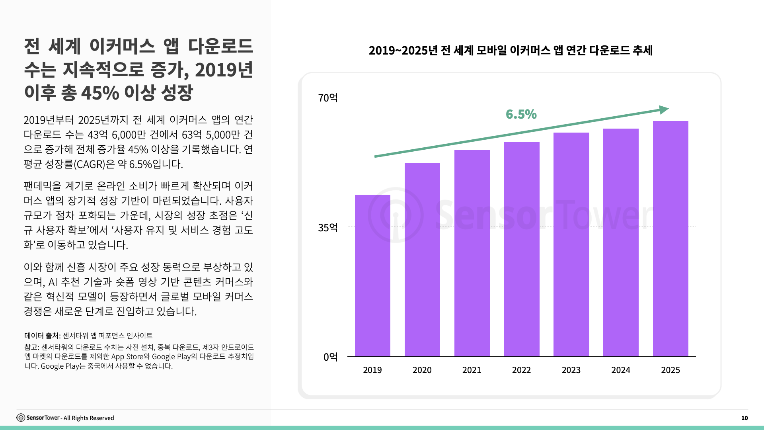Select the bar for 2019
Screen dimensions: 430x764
pyautogui.click(x=372, y=276)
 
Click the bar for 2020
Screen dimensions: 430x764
pyautogui.click(x=422, y=260)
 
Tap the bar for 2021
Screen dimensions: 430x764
pyautogui.click(x=472, y=253)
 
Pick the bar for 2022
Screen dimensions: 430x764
pyautogui.click(x=521, y=249)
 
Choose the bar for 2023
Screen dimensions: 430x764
pyautogui.click(x=571, y=244)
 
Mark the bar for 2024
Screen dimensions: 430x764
pyautogui.click(x=621, y=242)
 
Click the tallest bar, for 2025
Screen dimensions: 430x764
pyautogui.click(x=670, y=239)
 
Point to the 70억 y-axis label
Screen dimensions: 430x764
pyautogui.click(x=327, y=98)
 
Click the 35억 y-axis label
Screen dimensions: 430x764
pyautogui.click(x=327, y=228)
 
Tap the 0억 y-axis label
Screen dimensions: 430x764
pyautogui.click(x=330, y=357)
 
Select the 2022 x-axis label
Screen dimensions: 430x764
pyautogui.click(x=521, y=370)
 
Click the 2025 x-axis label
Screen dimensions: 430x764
pyautogui.click(x=670, y=370)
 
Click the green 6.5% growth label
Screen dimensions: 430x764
pyautogui.click(x=521, y=114)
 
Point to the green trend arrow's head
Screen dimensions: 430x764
pyautogui.click(x=664, y=109)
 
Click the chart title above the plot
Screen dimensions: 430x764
pyautogui.click(x=511, y=51)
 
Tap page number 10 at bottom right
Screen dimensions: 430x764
pyautogui.click(x=744, y=418)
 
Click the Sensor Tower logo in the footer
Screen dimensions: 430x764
pyautogui.click(x=21, y=418)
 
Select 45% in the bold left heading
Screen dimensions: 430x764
pyautogui.click(x=100, y=93)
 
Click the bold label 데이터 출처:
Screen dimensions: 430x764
pyautogui.click(x=42, y=336)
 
